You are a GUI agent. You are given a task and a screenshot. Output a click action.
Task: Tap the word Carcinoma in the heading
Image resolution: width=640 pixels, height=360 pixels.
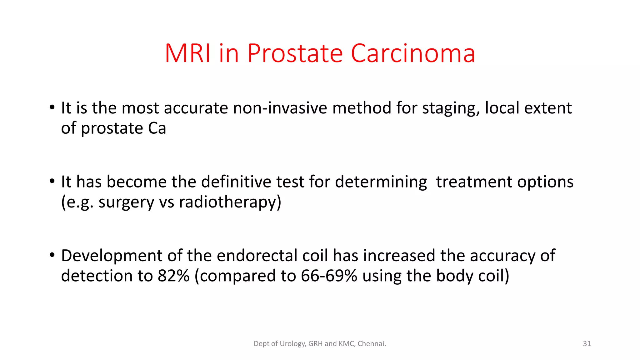pos(413,53)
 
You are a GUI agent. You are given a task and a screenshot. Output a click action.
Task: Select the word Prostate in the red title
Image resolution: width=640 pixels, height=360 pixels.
pos(295,53)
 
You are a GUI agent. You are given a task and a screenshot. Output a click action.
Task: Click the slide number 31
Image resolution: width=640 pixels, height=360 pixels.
pos(587,344)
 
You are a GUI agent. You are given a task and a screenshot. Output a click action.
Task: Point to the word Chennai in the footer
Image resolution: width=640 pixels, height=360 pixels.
pos(372,344)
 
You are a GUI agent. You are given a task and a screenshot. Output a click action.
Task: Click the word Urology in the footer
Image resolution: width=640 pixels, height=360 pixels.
pos(292,344)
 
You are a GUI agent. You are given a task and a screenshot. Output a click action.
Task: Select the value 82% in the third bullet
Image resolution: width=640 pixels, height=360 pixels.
pos(173,276)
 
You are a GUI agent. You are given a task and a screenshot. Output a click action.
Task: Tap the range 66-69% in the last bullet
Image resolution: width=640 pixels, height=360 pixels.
pos(329,276)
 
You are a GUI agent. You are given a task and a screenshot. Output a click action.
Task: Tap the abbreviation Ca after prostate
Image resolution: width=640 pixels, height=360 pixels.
pos(157,128)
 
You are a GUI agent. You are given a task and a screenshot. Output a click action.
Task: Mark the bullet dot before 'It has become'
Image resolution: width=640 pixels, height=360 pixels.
pos(52,182)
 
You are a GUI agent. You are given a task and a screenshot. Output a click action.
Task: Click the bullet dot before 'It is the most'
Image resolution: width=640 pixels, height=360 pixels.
pos(52,108)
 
